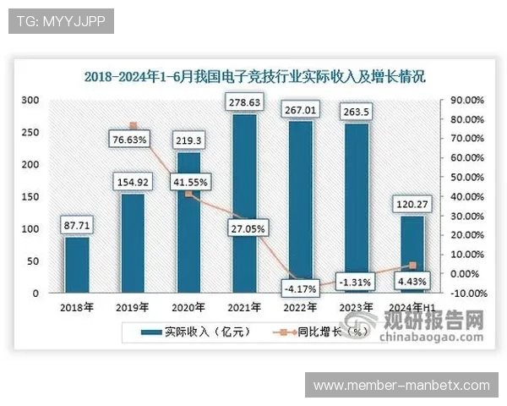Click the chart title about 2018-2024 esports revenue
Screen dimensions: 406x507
(x=253, y=76)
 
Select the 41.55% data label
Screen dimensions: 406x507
(x=190, y=181)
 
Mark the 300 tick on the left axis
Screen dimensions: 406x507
(x=30, y=100)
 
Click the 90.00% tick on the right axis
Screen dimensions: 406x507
(x=466, y=100)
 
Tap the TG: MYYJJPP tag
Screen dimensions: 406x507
(x=60, y=21)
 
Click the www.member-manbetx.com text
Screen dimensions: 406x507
(x=401, y=385)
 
